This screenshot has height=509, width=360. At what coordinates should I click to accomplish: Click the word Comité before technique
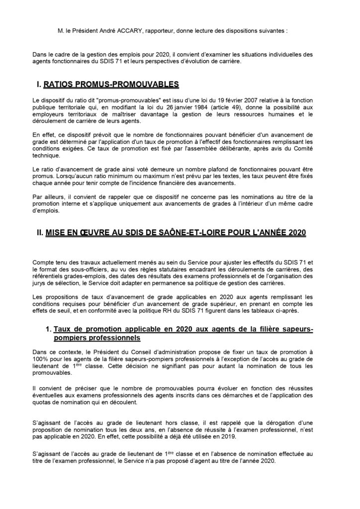[314, 148]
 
